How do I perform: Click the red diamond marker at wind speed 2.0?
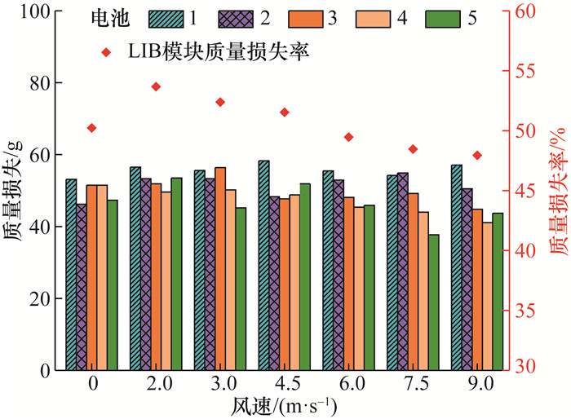(156, 86)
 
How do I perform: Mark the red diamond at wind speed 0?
(91, 128)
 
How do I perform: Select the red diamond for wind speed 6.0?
(348, 137)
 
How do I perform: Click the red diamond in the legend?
(106, 52)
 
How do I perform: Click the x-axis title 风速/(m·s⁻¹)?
(284, 405)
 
